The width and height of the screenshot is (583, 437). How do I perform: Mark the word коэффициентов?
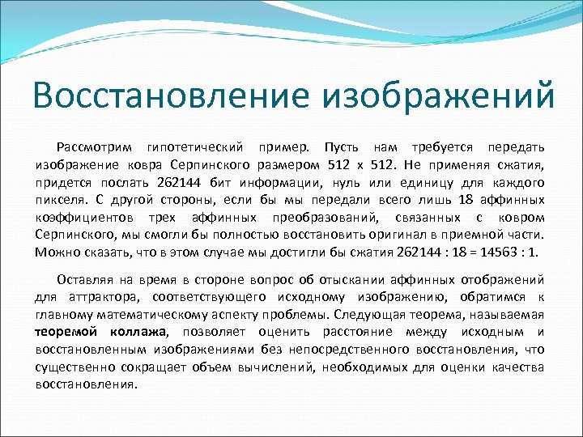point(84,218)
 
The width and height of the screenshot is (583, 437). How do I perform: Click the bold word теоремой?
point(66,332)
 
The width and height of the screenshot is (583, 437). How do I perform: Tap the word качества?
point(519,367)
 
